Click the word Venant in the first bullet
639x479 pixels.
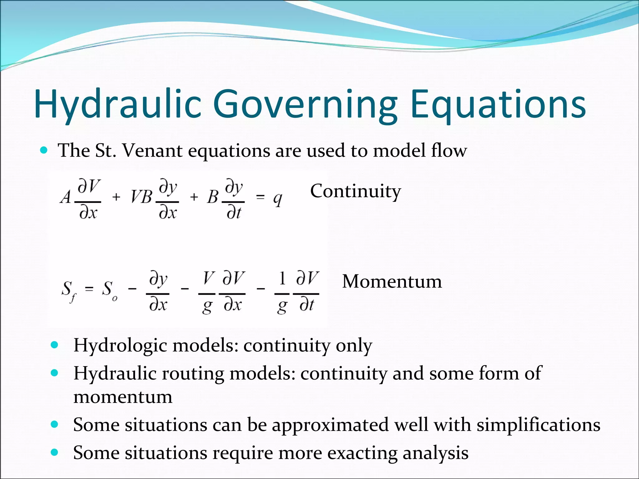click(152, 151)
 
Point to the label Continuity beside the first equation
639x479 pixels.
click(355, 191)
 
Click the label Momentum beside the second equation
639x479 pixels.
click(392, 281)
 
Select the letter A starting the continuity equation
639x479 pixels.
click(66, 197)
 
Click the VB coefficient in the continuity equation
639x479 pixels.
click(141, 197)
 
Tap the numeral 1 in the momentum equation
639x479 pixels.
click(282, 278)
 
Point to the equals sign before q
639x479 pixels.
click(260, 197)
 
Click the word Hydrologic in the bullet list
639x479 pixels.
click(120, 346)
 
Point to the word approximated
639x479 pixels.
click(330, 425)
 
